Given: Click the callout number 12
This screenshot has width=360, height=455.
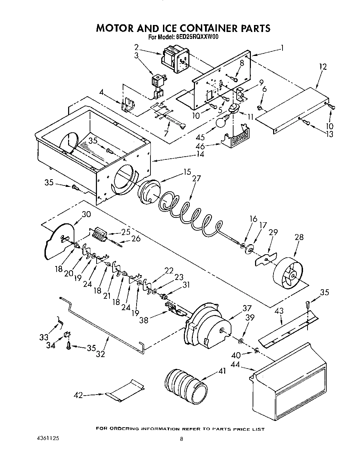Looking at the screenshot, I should pyautogui.click(x=322, y=66).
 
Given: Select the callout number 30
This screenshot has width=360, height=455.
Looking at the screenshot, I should pyautogui.click(x=86, y=214).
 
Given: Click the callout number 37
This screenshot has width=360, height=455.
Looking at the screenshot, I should pyautogui.click(x=247, y=308).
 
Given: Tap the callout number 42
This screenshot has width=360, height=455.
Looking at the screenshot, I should pyautogui.click(x=79, y=395).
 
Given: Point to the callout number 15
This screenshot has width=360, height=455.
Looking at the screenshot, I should pyautogui.click(x=187, y=172).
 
